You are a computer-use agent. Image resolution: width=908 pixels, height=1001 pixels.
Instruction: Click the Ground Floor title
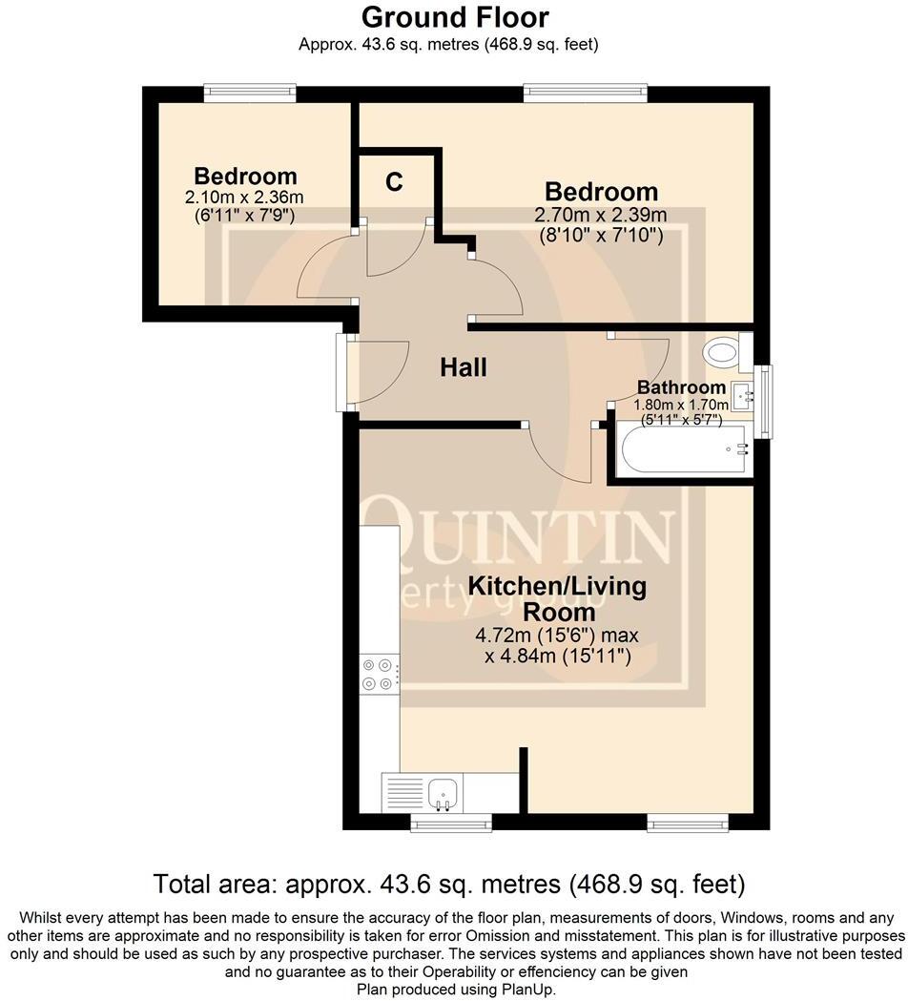(x=454, y=17)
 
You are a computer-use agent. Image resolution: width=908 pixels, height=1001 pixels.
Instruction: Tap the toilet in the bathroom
(x=725, y=353)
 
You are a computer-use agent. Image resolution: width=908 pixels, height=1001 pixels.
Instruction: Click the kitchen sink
(x=443, y=791)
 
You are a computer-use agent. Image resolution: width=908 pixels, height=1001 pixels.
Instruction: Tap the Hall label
(x=464, y=367)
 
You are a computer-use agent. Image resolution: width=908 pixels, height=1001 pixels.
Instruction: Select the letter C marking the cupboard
(x=394, y=182)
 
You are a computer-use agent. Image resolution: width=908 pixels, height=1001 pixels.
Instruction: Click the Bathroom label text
(x=681, y=387)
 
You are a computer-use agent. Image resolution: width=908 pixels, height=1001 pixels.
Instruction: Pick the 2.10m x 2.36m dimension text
(x=244, y=198)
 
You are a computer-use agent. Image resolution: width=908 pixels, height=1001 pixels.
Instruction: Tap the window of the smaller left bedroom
(x=249, y=93)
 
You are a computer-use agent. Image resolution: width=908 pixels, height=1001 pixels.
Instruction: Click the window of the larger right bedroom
(x=585, y=93)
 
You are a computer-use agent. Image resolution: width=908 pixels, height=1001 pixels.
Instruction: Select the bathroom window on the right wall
(x=766, y=402)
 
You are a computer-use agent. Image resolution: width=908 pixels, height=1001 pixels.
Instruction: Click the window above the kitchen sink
(x=451, y=822)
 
